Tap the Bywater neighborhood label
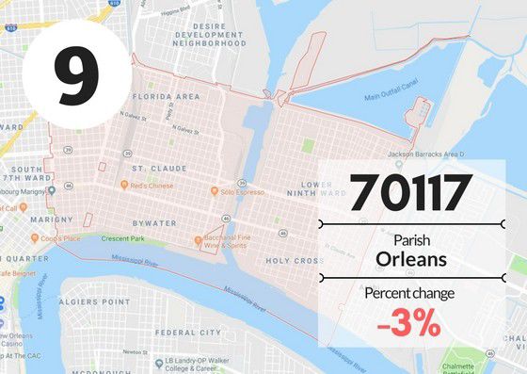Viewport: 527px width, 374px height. (154, 223)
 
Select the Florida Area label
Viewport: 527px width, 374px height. (166, 97)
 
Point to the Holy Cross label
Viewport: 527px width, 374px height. (295, 261)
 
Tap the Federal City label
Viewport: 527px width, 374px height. (188, 333)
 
